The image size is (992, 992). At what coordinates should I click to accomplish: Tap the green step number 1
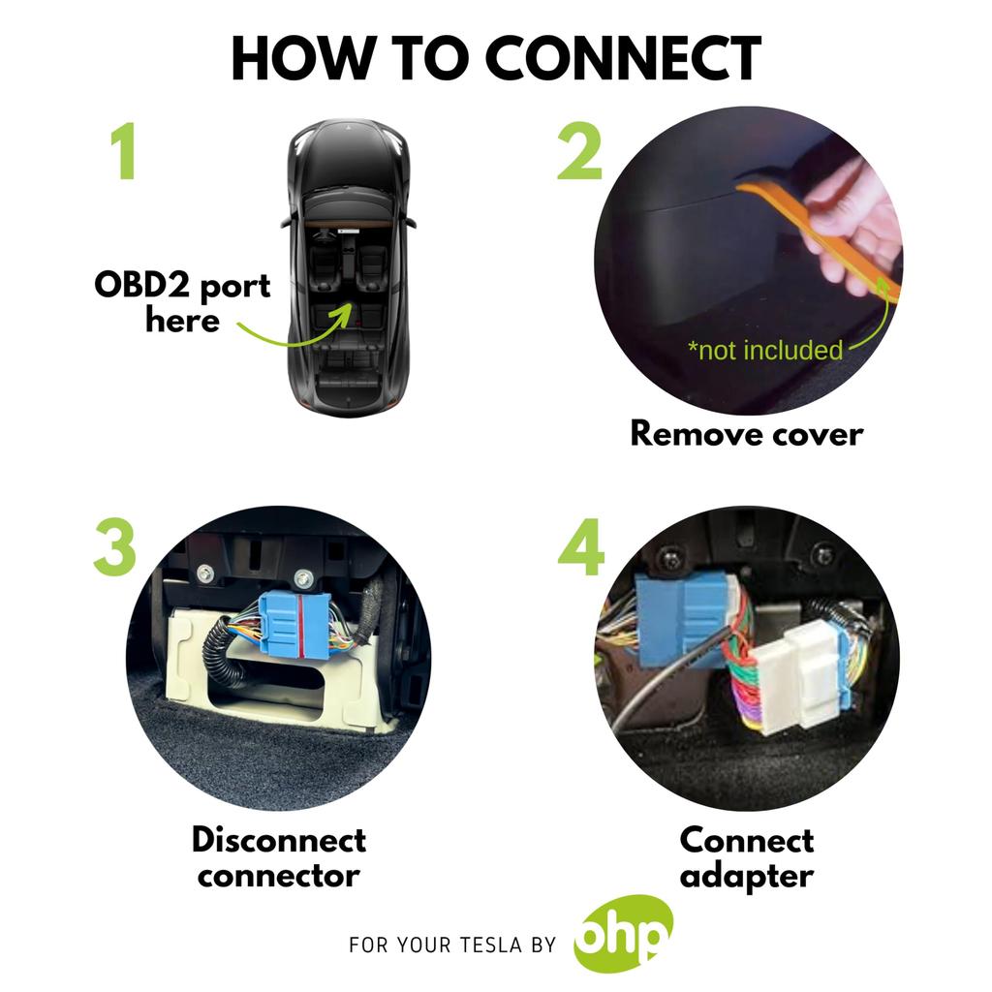pyautogui.click(x=122, y=152)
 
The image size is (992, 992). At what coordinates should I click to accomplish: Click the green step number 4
pyautogui.click(x=581, y=550)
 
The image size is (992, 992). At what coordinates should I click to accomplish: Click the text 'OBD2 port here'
pyautogui.click(x=182, y=302)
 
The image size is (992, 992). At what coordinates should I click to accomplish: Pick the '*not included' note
pyautogui.click(x=764, y=350)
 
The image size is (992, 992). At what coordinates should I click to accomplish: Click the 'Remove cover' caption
pyautogui.click(x=746, y=432)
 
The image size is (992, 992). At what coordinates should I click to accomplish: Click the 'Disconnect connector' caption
pyautogui.click(x=279, y=857)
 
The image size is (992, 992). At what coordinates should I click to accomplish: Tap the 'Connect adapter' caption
pyautogui.click(x=746, y=857)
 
